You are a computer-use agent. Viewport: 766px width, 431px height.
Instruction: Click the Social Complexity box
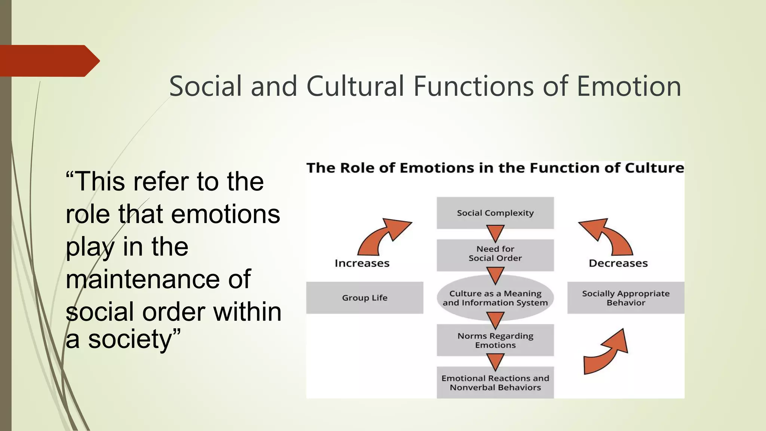point(495,213)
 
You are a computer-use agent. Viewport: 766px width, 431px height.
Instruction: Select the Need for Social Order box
point(495,254)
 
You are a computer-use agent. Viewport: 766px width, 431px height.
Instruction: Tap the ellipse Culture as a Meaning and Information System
point(495,298)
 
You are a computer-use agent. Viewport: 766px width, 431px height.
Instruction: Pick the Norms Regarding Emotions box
point(495,340)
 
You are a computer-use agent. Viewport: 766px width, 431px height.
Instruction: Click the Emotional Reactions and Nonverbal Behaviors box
point(495,383)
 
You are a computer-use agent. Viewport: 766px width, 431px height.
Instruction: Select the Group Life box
point(365,298)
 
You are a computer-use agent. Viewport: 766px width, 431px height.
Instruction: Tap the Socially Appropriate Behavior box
point(626,298)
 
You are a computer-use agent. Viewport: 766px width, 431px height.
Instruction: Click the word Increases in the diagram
point(362,263)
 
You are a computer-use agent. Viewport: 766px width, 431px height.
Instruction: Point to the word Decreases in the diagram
point(618,263)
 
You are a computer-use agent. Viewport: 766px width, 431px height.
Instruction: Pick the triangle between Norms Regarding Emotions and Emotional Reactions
point(495,361)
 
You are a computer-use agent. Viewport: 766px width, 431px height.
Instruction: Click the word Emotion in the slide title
point(629,86)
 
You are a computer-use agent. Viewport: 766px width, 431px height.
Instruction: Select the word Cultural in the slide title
point(355,86)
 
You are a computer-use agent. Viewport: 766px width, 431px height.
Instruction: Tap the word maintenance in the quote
point(158,279)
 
